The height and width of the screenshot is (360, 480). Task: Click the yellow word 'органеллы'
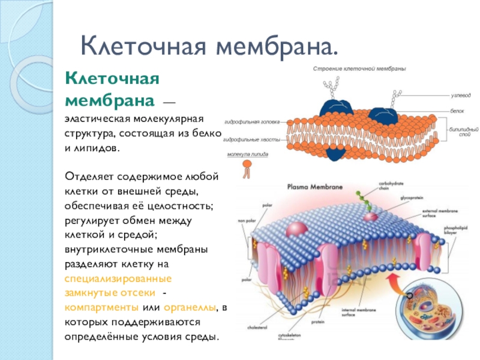click(x=193, y=307)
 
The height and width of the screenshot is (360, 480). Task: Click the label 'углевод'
click(x=461, y=95)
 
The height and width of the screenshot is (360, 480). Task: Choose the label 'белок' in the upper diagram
click(x=458, y=112)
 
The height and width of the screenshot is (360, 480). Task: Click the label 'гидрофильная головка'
click(x=253, y=122)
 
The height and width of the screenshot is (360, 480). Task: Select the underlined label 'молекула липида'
click(x=247, y=154)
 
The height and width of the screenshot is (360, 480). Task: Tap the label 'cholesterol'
click(x=257, y=328)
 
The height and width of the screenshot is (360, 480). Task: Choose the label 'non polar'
click(x=247, y=221)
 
